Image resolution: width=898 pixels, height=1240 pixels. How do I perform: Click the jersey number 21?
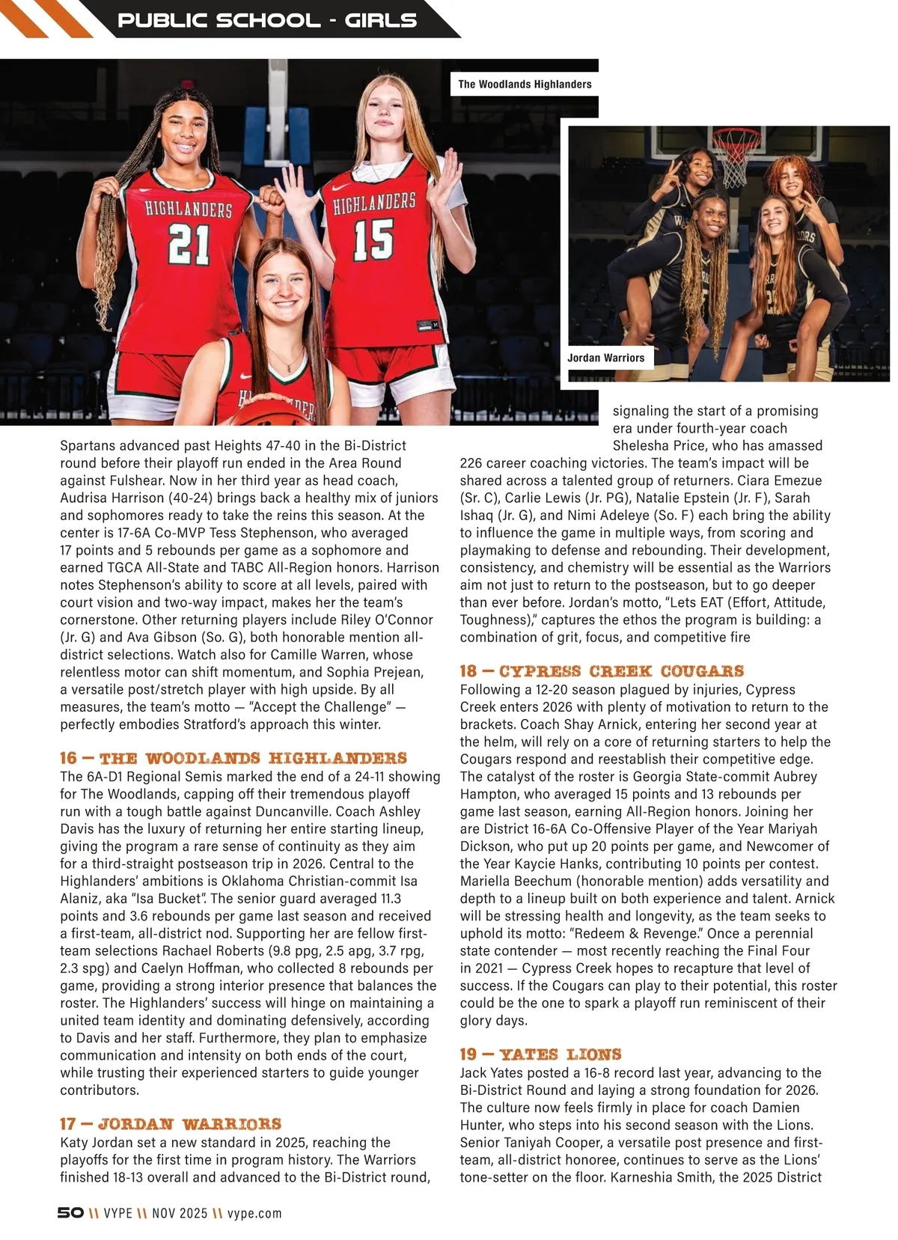tap(189, 243)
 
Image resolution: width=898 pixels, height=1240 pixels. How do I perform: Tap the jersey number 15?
tap(373, 239)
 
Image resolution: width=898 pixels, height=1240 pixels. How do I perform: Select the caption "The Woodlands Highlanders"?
tap(525, 85)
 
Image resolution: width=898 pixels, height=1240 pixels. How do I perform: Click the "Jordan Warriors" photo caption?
tap(605, 358)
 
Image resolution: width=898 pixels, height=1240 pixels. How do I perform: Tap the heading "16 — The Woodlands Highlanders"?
tap(233, 758)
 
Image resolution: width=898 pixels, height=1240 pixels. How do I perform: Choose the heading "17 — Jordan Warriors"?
tap(171, 1124)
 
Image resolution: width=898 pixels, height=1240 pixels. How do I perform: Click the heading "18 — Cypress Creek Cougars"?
tap(602, 671)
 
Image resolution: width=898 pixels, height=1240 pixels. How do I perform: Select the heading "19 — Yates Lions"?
tap(540, 1054)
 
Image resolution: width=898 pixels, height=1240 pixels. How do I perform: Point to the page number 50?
tap(70, 1213)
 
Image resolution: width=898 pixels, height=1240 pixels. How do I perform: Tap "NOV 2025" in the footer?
tap(180, 1213)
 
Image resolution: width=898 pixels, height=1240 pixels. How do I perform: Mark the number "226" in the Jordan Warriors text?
tap(471, 463)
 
